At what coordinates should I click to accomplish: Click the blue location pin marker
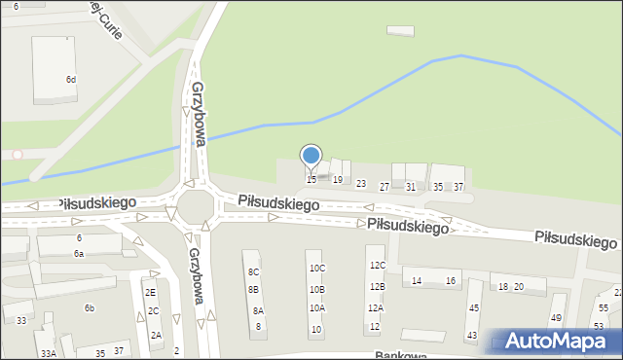coord(311,157)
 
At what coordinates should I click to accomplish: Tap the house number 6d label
coord(71,79)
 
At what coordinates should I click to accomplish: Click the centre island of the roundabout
coord(195,205)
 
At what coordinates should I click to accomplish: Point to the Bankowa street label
coord(400,356)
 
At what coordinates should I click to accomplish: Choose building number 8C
coord(253,272)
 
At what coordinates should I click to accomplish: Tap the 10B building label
coord(317,290)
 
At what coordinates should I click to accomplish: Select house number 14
coord(417,281)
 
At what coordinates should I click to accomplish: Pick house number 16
coord(451,281)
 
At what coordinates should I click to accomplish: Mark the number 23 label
coord(361,184)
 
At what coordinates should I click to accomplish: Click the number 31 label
coord(411,187)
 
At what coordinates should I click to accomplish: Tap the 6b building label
coord(89,308)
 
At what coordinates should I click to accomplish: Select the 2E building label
coord(150,292)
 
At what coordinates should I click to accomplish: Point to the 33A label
coord(48,354)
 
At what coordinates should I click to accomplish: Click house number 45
coord(473,308)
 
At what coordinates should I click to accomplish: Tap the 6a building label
coord(79,254)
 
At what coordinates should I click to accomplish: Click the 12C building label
coord(377,266)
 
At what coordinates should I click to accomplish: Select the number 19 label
coord(338,180)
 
